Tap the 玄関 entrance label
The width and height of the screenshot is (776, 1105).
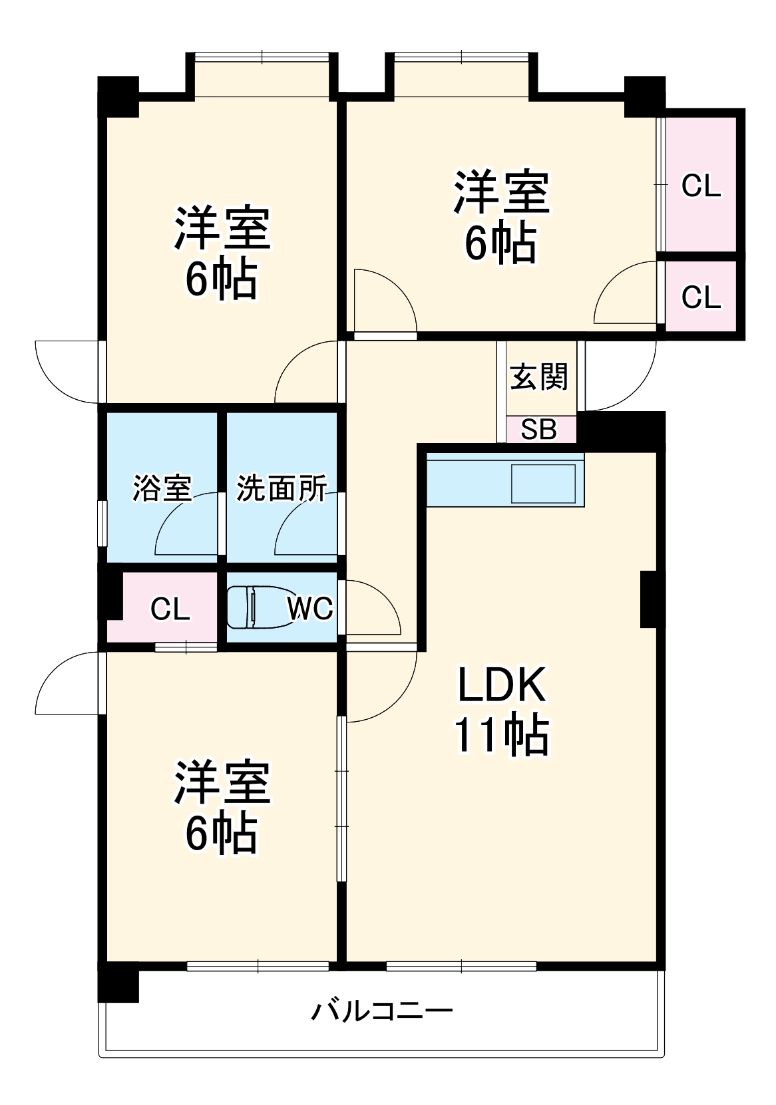[x=539, y=377]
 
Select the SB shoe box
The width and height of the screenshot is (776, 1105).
[x=538, y=430]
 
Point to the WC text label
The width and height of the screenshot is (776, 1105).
[x=310, y=607]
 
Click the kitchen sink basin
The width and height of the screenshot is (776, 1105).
[x=542, y=484]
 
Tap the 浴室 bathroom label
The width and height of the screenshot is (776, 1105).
[x=162, y=488]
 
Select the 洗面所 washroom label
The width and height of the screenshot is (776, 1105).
[x=282, y=488]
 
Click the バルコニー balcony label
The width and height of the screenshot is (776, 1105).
[x=382, y=1011]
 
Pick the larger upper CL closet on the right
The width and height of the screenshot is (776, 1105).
[x=701, y=185]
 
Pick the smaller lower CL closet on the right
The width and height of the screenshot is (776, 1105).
[x=701, y=296]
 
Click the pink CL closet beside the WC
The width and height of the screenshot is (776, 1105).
[x=170, y=608]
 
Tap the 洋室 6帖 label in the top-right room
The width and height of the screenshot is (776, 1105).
[x=500, y=216]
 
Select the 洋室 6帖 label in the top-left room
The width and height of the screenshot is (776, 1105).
[x=222, y=252]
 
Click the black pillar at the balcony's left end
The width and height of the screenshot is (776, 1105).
[x=118, y=982]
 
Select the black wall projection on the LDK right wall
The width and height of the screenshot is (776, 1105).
[x=652, y=599]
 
